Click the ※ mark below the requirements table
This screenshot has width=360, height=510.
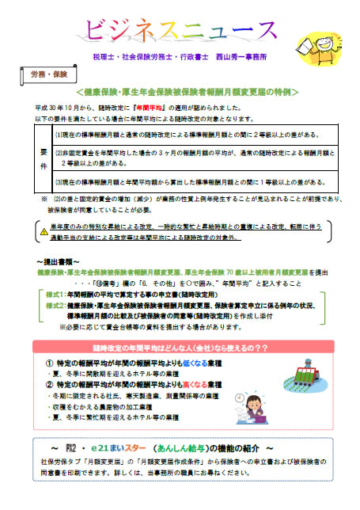pos(44,200)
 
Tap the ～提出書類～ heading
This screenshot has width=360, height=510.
pos(56,260)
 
